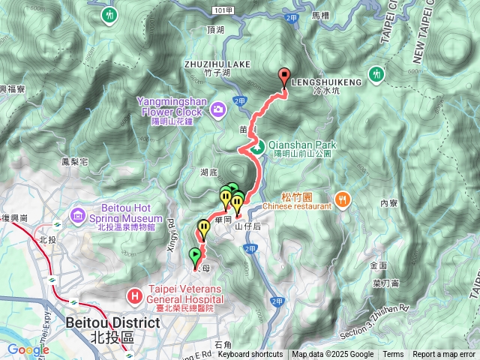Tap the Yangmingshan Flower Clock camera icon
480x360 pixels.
(x=218, y=110)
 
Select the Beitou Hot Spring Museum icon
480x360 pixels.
(x=79, y=217)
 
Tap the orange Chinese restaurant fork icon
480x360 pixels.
(x=343, y=199)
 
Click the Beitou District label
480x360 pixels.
(x=112, y=322)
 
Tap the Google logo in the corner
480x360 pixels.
(x=28, y=349)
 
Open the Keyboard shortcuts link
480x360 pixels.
(x=250, y=355)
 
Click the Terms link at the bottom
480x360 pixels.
(x=393, y=355)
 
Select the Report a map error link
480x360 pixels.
(x=445, y=355)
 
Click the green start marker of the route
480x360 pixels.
(x=196, y=255)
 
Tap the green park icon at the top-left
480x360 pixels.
(x=110, y=14)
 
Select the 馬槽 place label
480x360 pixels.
(x=322, y=14)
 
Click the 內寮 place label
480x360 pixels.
(x=388, y=202)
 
